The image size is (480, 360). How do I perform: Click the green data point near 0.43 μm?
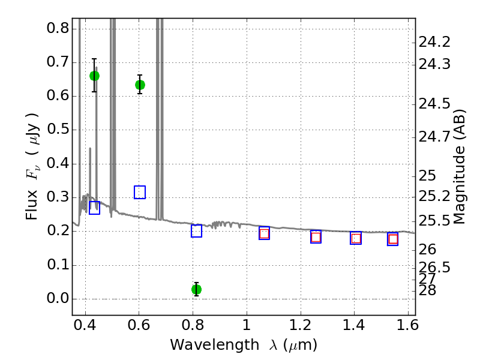(x=94, y=76)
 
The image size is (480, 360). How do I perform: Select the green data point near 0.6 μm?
(x=140, y=85)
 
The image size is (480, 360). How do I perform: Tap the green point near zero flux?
(x=196, y=289)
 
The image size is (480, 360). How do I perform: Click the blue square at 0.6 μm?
(x=140, y=193)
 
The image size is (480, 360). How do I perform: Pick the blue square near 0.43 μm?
(x=94, y=208)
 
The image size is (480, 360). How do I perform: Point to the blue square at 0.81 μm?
(x=196, y=231)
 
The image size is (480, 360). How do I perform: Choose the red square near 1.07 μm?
(x=264, y=233)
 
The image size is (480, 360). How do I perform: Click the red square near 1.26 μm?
(x=316, y=236)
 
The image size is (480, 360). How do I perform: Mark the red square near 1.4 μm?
(x=356, y=238)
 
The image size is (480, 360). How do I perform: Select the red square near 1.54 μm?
(x=393, y=239)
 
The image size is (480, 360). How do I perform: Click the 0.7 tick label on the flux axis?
(x=56, y=62)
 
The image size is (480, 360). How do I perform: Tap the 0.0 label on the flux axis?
(x=56, y=299)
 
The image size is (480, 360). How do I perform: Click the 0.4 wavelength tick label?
(x=86, y=328)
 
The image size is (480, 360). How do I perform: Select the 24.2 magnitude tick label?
(x=434, y=42)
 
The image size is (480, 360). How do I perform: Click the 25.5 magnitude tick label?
(x=434, y=221)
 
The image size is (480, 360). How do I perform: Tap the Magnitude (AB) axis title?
(x=460, y=167)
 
